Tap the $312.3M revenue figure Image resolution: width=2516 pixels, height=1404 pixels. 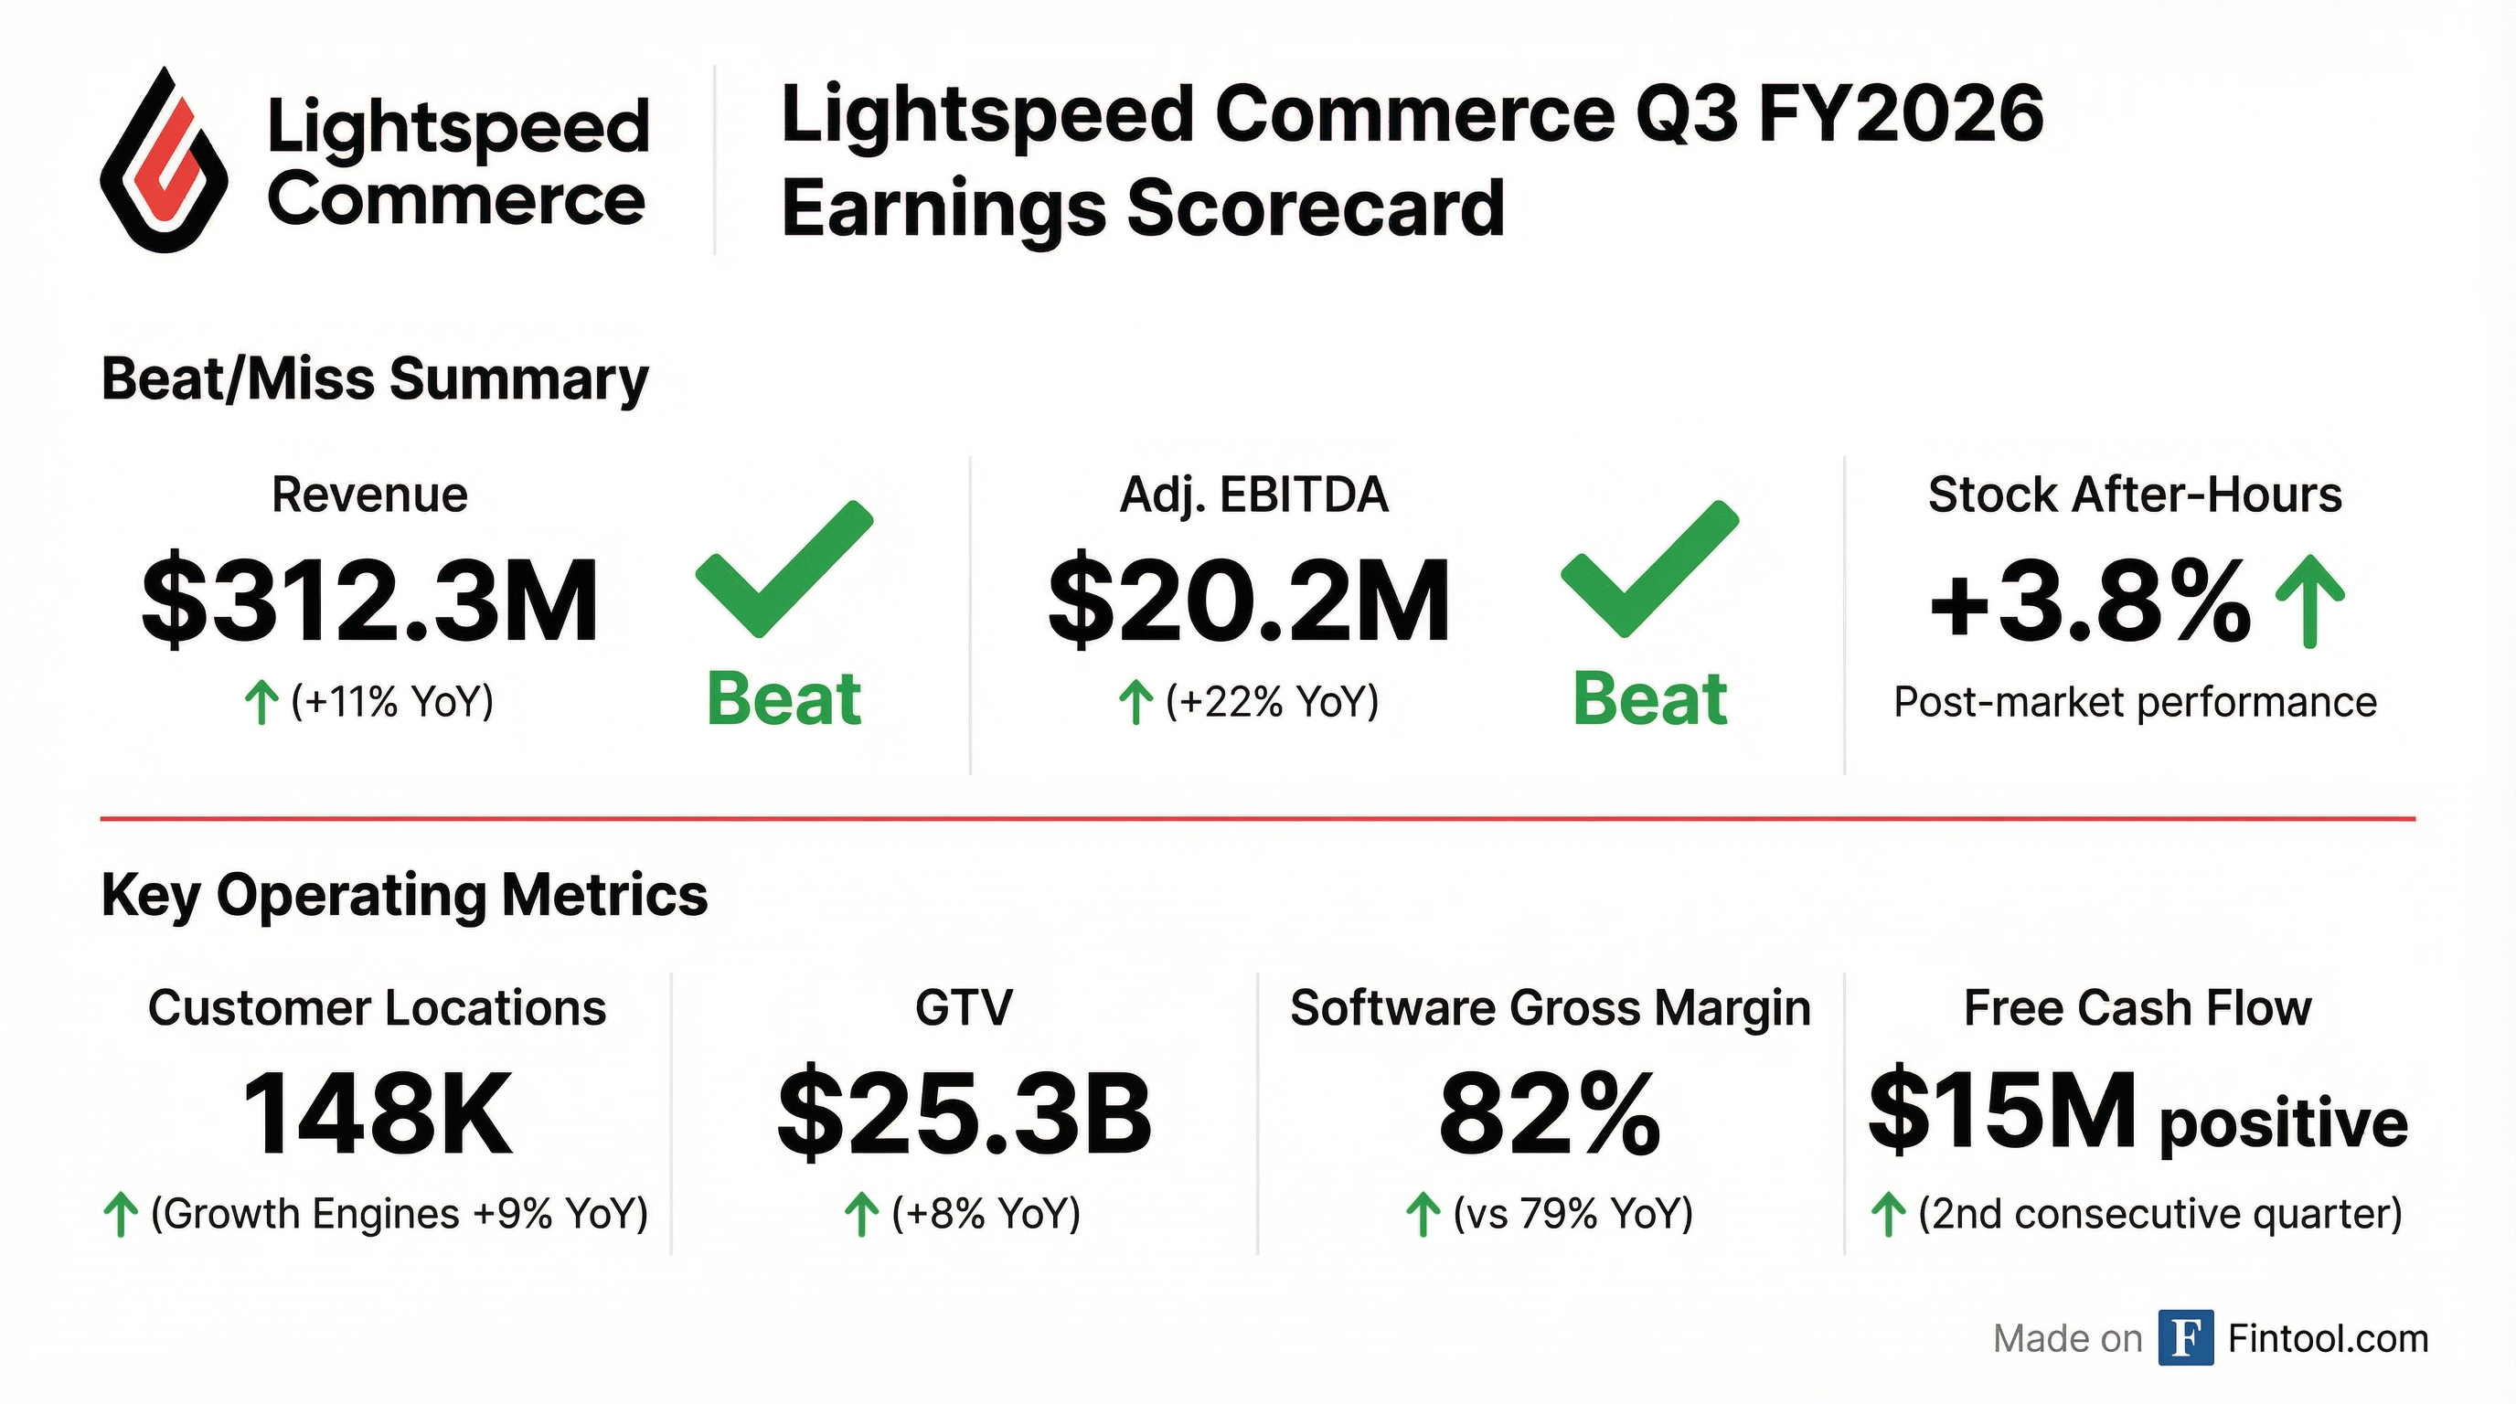tap(369, 601)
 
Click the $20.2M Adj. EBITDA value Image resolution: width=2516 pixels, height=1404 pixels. tap(1248, 601)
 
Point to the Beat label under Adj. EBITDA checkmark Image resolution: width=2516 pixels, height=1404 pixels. tap(1648, 700)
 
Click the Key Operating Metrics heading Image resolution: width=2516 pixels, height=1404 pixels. tap(403, 894)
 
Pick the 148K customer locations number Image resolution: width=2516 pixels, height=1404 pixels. tap(377, 1114)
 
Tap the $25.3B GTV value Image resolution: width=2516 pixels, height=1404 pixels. tap(964, 1114)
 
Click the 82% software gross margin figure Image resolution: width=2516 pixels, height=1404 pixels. tap(1549, 1114)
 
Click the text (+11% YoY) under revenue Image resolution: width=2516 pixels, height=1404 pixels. tap(392, 702)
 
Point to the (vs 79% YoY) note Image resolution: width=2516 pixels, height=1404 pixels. tap(1572, 1214)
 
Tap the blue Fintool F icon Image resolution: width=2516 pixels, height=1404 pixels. tap(2185, 1337)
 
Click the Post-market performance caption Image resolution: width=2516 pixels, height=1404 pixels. tap(2134, 702)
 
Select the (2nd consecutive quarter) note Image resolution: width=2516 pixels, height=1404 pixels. tap(2159, 1214)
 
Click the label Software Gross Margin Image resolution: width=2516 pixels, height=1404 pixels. tap(1550, 1007)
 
